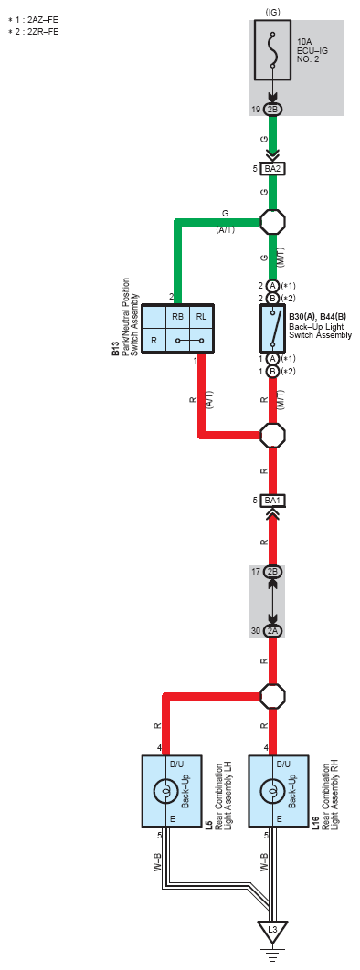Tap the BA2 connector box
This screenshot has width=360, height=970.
pyautogui.click(x=272, y=169)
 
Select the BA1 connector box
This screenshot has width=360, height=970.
pyautogui.click(x=272, y=501)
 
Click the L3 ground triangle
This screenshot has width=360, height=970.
pyautogui.click(x=272, y=932)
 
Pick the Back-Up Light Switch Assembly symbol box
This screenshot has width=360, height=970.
pyautogui.click(x=272, y=327)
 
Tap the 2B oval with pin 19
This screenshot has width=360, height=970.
pyautogui.click(x=272, y=110)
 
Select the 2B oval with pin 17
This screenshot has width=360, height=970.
pyautogui.click(x=272, y=572)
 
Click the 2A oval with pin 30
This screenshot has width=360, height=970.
pyautogui.click(x=272, y=631)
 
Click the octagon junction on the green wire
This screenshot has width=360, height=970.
pyautogui.click(x=272, y=221)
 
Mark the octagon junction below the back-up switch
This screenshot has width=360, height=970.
pyautogui.click(x=272, y=435)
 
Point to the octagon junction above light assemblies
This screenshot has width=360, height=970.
pyautogui.click(x=272, y=693)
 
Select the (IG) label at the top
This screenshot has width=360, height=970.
pyautogui.click(x=272, y=10)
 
